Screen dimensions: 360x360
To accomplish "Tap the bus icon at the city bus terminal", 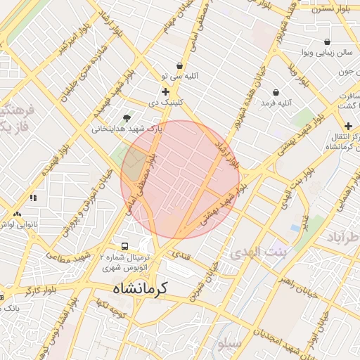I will tap(124, 247).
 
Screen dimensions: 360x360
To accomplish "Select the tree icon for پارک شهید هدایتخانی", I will tap(127, 118).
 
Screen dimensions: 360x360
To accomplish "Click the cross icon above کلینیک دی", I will tap(165, 91).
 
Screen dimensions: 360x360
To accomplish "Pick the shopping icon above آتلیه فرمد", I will tap(275, 92).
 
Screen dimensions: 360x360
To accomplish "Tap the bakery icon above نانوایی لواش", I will tap(17, 213).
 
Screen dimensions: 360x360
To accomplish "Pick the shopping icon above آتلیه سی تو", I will tap(180, 65).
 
